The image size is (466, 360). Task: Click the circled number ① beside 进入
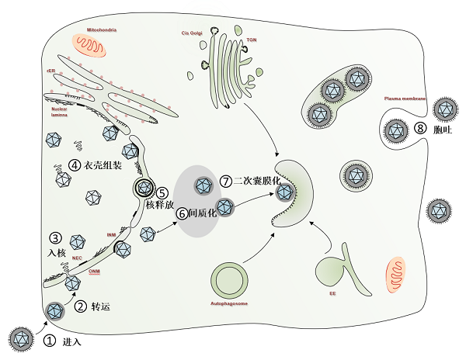point(50,341)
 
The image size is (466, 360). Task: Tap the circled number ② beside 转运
point(80,306)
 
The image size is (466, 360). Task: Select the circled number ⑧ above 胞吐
point(420,129)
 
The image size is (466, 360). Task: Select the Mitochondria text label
point(103,29)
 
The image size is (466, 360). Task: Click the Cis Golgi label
point(191,33)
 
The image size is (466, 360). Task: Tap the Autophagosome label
point(229,303)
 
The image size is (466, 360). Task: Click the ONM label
point(94,272)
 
